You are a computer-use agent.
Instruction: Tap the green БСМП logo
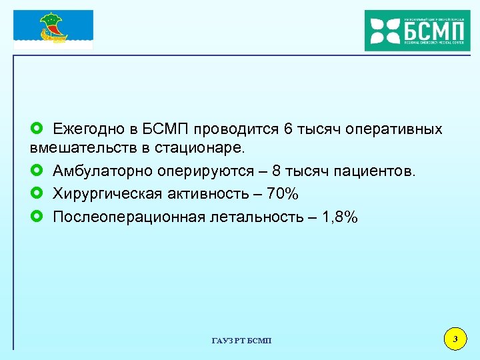coord(417,30)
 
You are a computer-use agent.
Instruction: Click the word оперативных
coord(390,129)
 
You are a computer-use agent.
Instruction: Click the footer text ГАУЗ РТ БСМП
coord(241,341)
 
